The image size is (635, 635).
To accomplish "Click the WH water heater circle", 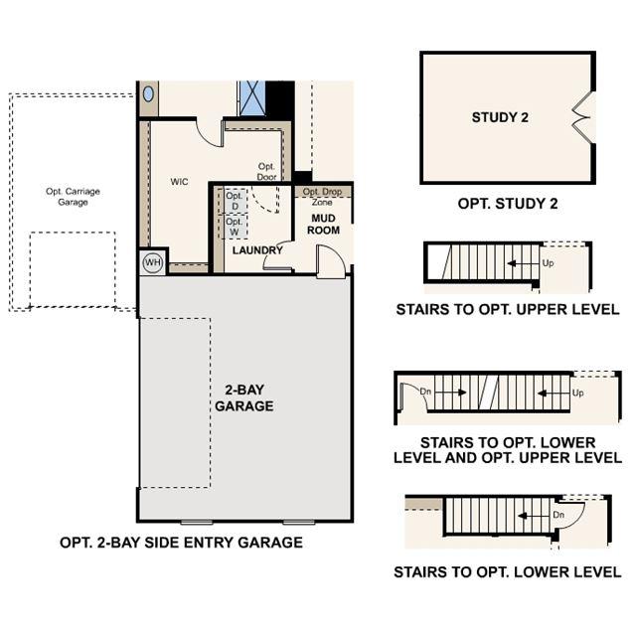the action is click(x=153, y=262).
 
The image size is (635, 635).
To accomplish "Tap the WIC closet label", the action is click(x=180, y=182).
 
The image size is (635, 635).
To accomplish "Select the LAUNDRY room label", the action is click(x=257, y=250).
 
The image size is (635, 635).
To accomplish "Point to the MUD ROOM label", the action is click(x=323, y=224).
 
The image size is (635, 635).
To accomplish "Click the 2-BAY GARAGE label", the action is click(x=244, y=397).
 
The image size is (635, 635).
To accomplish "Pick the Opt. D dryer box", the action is click(x=235, y=201).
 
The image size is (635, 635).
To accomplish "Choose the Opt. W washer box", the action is click(x=235, y=227).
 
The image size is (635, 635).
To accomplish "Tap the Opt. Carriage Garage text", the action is click(x=73, y=197).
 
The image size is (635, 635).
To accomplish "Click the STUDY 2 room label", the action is click(x=500, y=117).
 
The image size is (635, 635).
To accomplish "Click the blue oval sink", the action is click(x=149, y=94).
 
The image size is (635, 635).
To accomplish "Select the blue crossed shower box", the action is click(x=252, y=98).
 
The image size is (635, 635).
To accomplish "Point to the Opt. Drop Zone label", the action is click(x=322, y=197).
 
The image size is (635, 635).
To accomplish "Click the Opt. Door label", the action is click(x=267, y=171).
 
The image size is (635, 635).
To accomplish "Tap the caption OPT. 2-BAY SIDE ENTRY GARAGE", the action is click(x=181, y=543).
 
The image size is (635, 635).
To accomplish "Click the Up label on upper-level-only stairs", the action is click(x=548, y=263).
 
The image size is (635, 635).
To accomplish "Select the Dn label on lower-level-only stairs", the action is click(x=558, y=515).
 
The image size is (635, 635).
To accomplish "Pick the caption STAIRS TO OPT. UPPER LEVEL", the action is click(x=508, y=309).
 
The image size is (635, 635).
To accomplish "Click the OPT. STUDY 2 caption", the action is click(x=508, y=204).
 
